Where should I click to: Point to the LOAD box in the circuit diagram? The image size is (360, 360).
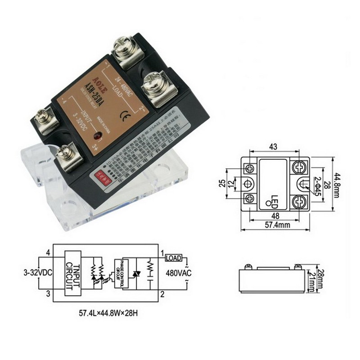(174, 258)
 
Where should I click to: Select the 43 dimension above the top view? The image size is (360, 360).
(273, 147)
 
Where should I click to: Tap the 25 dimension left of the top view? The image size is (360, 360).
(222, 184)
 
